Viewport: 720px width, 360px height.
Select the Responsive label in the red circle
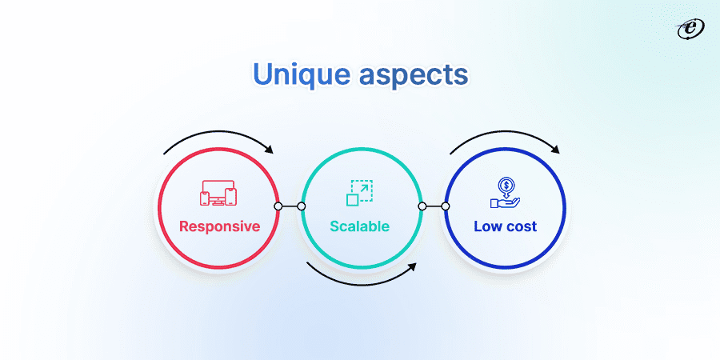pos(219,226)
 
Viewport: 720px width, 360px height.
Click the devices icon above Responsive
pos(218,194)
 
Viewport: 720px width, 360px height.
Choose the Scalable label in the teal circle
pos(359,226)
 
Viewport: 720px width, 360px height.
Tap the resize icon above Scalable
pos(359,193)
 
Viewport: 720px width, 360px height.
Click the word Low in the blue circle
pos(489,226)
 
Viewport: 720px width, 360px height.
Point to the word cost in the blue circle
pos(522,226)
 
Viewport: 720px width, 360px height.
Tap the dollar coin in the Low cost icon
pos(506,186)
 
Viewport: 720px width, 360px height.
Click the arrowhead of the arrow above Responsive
pos(269,150)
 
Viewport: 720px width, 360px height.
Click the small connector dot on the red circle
pos(278,206)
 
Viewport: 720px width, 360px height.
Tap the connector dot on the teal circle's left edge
pos(302,206)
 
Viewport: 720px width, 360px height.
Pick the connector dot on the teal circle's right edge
pos(422,206)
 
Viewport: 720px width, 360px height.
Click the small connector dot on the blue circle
pos(446,206)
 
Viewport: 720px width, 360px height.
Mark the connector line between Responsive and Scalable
pos(290,206)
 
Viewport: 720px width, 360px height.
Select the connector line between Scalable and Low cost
pos(434,206)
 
